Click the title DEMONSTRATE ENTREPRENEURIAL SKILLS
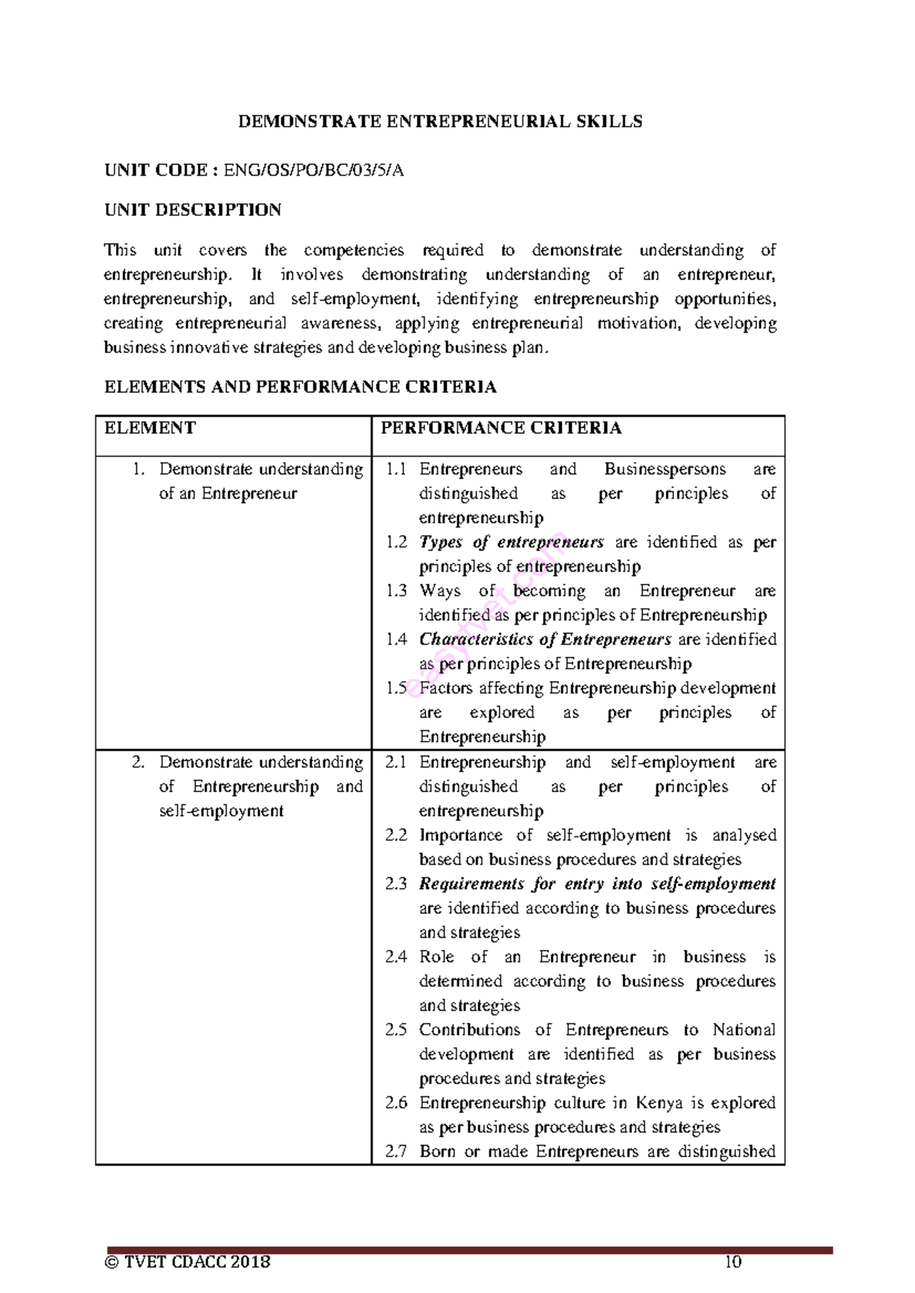[440, 122]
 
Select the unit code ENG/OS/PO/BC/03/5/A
[313, 171]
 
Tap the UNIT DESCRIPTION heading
[193, 210]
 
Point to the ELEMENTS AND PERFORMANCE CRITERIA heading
[300, 387]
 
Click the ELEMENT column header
[150, 428]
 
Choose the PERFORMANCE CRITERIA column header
[501, 428]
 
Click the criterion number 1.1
[396, 470]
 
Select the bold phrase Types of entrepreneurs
[511, 543]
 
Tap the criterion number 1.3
[396, 591]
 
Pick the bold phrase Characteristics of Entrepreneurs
[545, 640]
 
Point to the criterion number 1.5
[396, 688]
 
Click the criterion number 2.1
[396, 762]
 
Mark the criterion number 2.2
[396, 836]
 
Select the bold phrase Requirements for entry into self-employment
[597, 884]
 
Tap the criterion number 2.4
[396, 957]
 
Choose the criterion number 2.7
[396, 1152]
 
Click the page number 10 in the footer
[733, 1262]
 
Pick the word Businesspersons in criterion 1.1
[665, 470]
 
